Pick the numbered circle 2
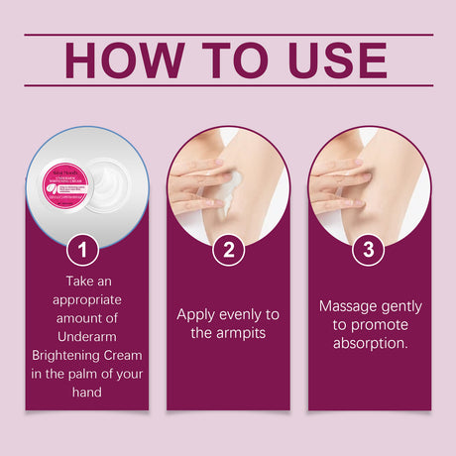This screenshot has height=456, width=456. point(228,250)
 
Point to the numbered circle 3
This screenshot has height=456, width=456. point(369,250)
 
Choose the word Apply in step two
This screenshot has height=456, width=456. point(198,314)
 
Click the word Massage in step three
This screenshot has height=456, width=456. point(343,306)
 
